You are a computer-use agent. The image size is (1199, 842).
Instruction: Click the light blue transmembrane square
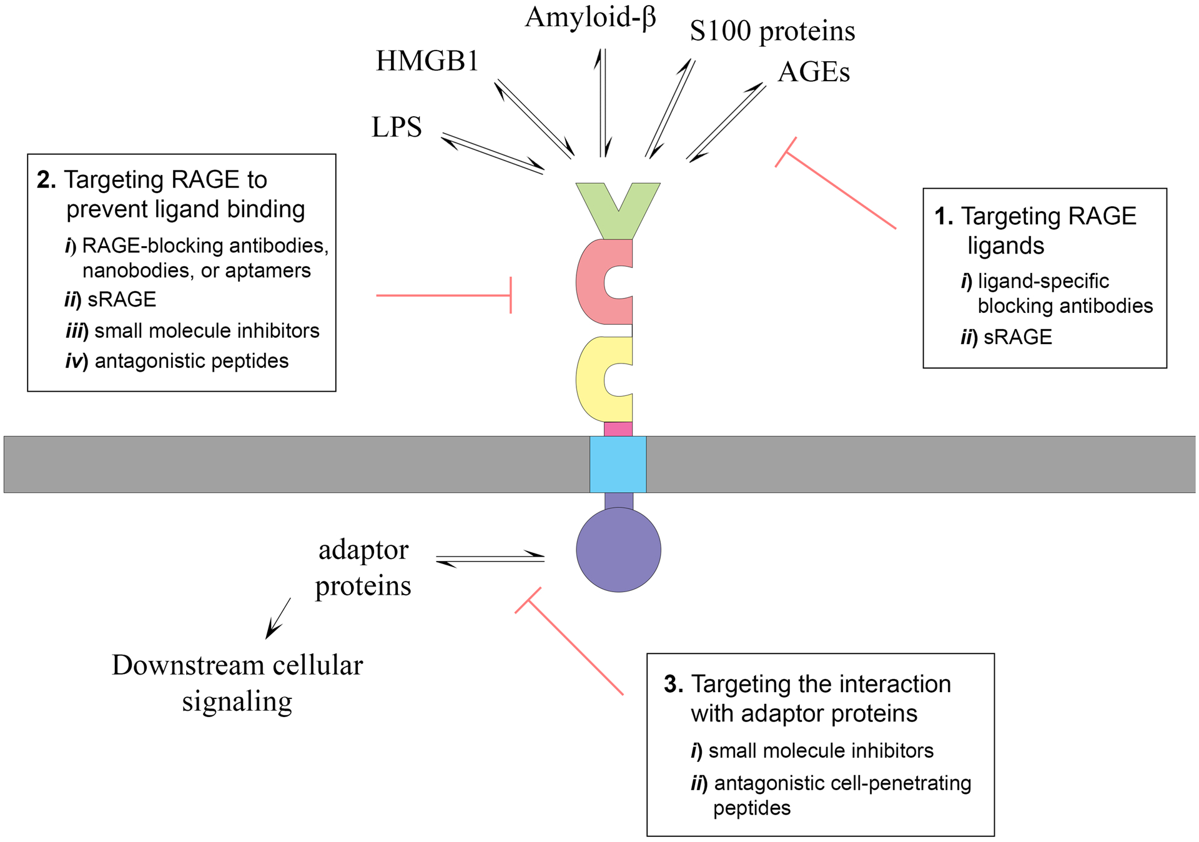(618, 464)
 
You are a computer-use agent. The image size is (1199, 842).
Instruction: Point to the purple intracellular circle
(618, 550)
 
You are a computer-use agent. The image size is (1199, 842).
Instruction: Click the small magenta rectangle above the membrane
(618, 429)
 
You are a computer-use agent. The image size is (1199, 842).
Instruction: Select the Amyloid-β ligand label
(590, 17)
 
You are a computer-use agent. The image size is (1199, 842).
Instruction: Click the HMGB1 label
(427, 61)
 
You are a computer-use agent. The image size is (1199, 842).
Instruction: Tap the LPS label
(397, 127)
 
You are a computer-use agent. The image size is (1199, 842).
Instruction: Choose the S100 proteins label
(772, 31)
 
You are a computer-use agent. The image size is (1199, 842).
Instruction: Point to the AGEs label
(814, 72)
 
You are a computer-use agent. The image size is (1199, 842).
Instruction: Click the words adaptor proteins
(363, 567)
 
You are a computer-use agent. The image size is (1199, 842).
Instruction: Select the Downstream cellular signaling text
(237, 683)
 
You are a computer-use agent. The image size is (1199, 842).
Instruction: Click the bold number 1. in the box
(943, 217)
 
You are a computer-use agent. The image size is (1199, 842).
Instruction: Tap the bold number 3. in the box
(673, 685)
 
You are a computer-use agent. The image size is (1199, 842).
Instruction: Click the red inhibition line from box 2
(443, 295)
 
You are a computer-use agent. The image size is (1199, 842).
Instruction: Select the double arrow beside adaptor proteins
(490, 558)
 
